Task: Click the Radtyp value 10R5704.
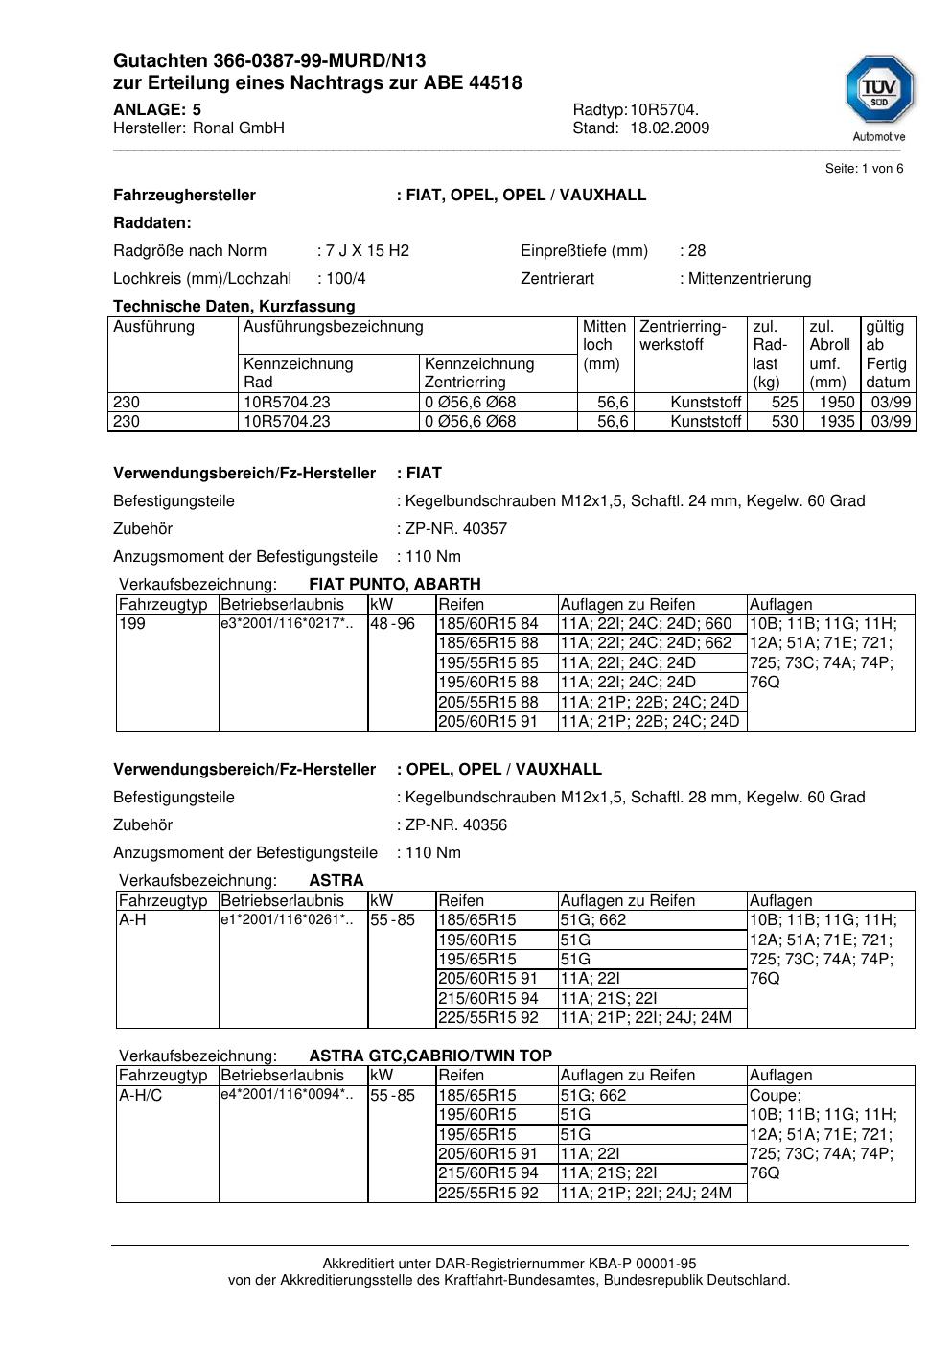click(x=664, y=109)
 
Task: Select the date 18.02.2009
click(x=669, y=128)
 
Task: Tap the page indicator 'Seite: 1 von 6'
click(x=864, y=169)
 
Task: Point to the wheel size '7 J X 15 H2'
click(x=367, y=251)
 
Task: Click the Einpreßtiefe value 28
click(x=697, y=251)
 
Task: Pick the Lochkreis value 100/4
click(x=345, y=279)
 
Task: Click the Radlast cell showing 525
click(x=784, y=403)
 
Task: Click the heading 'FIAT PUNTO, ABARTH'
click(x=395, y=585)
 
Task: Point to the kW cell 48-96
click(x=392, y=624)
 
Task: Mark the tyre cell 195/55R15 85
click(x=488, y=663)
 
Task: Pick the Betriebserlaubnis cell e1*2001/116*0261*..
click(x=287, y=920)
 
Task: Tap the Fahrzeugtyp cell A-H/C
click(x=140, y=1096)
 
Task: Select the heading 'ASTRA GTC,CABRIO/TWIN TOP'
click(x=430, y=1056)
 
